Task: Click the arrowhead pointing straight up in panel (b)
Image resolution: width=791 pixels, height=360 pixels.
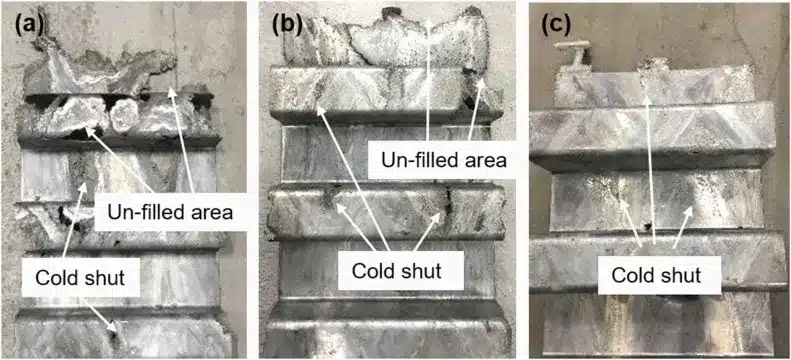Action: click(x=429, y=23)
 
